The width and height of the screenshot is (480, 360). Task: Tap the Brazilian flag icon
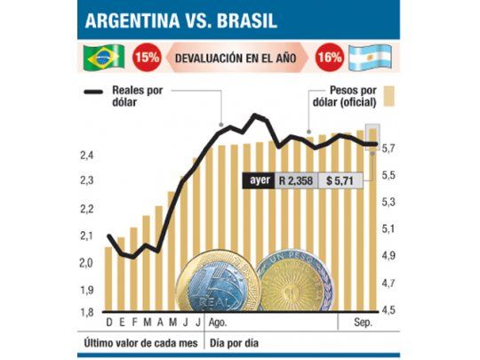point(104,59)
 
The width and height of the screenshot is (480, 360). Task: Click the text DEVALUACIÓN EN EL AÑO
point(237,59)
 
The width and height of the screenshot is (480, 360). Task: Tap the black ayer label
point(259,178)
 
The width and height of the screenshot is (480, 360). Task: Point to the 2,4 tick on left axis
point(87,156)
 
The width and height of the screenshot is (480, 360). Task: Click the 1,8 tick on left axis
point(87,312)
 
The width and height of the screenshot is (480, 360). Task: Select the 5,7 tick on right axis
point(388,148)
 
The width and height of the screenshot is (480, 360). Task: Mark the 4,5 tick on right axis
point(388,311)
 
